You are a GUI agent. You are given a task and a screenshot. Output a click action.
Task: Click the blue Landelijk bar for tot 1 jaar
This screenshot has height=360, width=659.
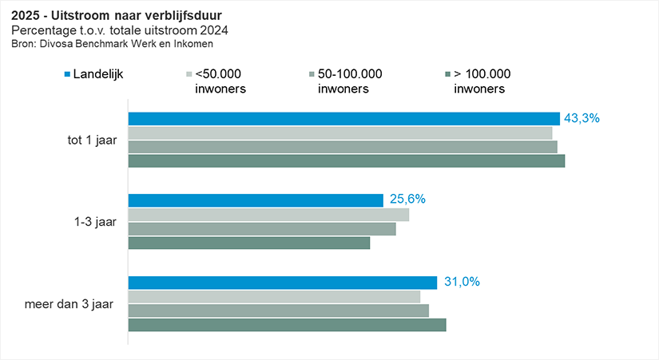pos(343,118)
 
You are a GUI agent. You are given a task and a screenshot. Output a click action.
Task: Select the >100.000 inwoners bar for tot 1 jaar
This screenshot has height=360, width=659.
pos(346,161)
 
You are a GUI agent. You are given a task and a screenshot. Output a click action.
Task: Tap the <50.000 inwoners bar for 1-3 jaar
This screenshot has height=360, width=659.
pos(268,215)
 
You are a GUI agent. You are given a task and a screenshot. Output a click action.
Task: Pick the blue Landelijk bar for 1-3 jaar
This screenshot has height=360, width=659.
pos(256,200)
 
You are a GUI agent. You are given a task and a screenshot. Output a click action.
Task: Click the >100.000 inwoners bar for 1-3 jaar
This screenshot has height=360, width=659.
pos(248,243)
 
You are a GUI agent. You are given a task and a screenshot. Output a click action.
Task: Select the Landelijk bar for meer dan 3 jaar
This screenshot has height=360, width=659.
pos(282,283)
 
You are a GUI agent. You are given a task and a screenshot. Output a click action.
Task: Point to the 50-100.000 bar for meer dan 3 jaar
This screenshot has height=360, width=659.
pos(278,311)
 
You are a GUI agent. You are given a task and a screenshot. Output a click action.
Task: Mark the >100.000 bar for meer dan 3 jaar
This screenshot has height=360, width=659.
pos(287,325)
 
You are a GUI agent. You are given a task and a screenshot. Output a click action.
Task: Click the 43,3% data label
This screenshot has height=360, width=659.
pos(582,118)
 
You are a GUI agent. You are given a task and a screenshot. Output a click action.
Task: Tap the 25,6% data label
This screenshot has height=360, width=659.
pos(407,200)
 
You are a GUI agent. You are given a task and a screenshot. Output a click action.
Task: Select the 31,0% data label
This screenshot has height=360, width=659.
pos(461,283)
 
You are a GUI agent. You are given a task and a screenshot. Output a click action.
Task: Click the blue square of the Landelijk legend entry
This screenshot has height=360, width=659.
pos(67,74)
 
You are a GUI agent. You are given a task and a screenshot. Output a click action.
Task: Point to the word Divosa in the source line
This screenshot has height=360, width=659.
pos(51,44)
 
